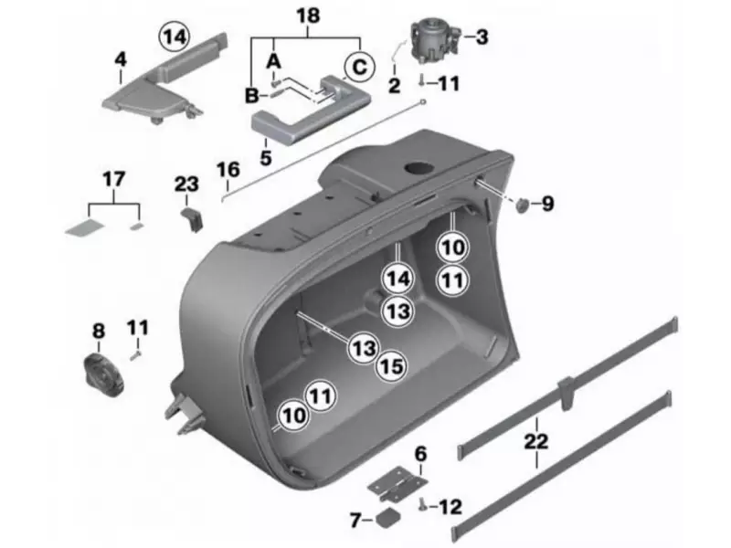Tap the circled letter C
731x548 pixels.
click(x=360, y=67)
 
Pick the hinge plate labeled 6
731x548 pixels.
click(x=399, y=481)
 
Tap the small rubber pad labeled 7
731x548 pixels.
click(x=387, y=519)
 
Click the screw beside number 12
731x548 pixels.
click(x=424, y=503)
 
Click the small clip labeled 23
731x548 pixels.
click(x=190, y=218)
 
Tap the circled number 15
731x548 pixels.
click(x=391, y=366)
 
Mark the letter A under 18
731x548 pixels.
click(x=270, y=59)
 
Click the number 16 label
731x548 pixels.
click(x=228, y=170)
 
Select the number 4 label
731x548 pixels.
click(x=120, y=60)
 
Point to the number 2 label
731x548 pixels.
click(x=394, y=86)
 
